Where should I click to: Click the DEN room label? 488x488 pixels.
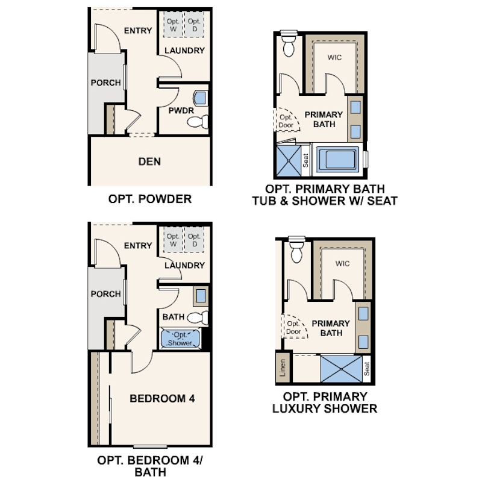tap(149, 161)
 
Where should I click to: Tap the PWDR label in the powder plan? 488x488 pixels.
tap(181, 110)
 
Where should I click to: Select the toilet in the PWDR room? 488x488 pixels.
tap(198, 121)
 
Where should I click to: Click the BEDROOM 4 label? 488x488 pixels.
tap(162, 398)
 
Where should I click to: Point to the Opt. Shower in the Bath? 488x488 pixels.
tap(180, 339)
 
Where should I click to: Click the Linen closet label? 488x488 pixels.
tap(283, 368)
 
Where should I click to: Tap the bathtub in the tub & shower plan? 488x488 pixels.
tap(337, 160)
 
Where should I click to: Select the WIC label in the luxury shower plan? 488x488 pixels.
tap(342, 264)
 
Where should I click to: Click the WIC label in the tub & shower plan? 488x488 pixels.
tap(334, 57)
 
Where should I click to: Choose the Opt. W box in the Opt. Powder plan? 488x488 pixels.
tap(173, 25)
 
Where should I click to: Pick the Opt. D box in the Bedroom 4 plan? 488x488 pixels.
tap(194, 240)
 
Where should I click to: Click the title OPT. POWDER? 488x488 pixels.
tap(149, 199)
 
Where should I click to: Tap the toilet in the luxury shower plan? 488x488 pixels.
tap(296, 249)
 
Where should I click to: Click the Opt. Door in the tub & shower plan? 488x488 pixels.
tap(286, 121)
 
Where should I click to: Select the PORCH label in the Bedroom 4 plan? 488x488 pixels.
tap(106, 294)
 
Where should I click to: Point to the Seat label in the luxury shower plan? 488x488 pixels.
tap(367, 369)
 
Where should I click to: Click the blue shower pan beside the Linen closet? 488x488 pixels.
tap(341, 369)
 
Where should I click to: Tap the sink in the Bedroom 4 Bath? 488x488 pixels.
tap(201, 296)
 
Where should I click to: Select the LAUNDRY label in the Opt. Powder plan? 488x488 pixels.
tap(184, 51)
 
